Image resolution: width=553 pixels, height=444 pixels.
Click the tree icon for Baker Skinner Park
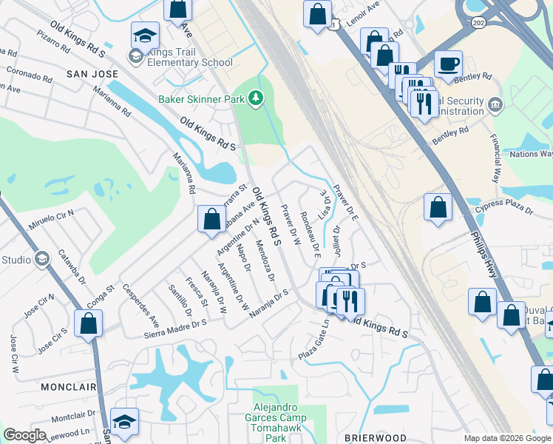[x=256, y=98]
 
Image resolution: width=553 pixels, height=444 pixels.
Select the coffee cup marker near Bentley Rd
[x=448, y=64]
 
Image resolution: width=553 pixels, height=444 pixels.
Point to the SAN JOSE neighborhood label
[x=92, y=74]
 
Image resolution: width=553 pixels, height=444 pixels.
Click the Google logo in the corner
[x=24, y=435]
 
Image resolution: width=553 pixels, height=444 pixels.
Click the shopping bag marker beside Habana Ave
[x=211, y=219]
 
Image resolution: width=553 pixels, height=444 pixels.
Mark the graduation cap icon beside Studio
[x=42, y=259]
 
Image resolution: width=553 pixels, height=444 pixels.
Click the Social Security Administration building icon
[x=495, y=102]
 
